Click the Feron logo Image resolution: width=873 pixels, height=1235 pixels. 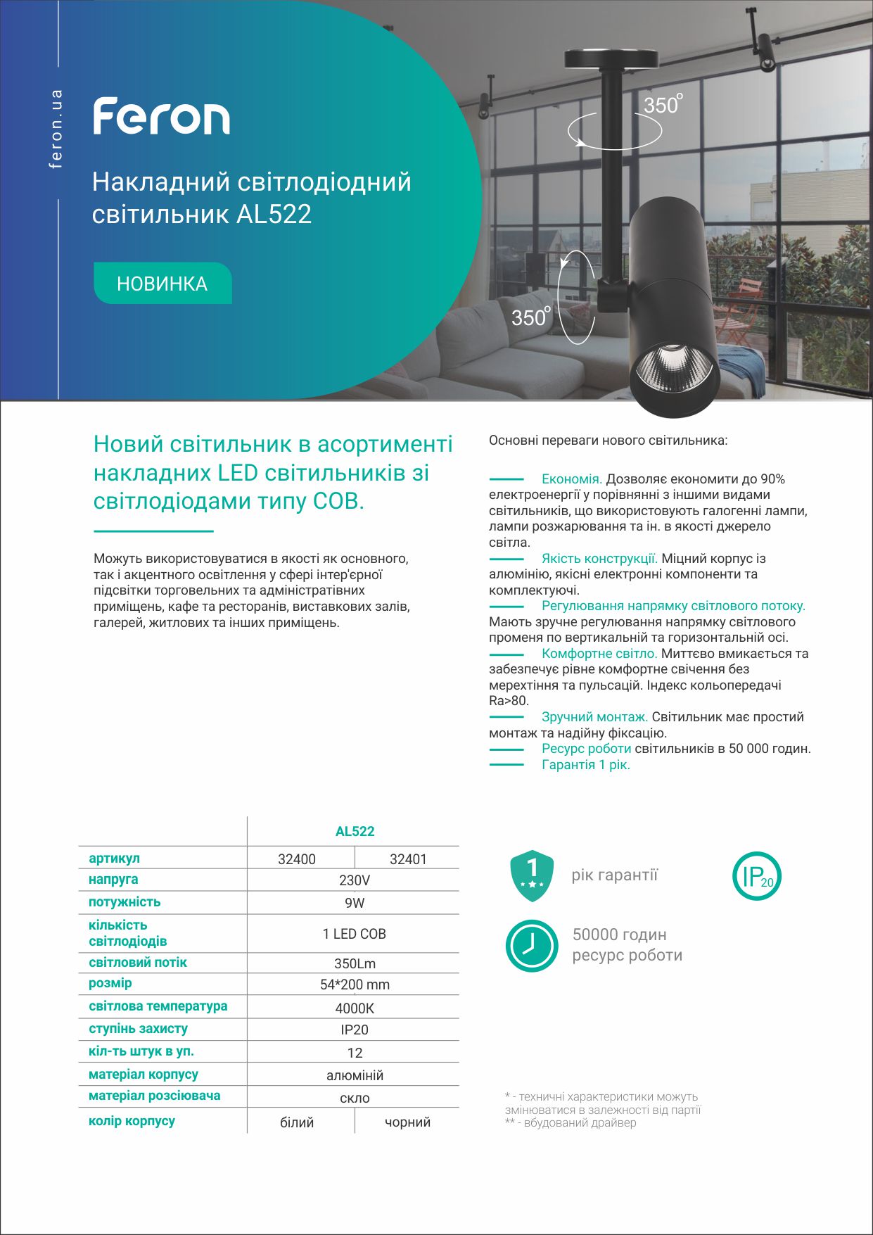click(x=162, y=117)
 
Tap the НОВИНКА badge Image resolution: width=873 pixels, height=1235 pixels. click(x=163, y=284)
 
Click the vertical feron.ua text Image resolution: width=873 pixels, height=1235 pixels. click(x=56, y=129)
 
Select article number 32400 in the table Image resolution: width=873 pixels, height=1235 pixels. click(x=297, y=859)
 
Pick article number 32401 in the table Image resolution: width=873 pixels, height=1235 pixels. click(x=408, y=859)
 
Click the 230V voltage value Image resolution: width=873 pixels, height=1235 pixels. click(x=355, y=880)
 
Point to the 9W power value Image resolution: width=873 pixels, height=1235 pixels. click(x=355, y=903)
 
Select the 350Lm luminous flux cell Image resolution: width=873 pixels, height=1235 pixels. click(x=355, y=963)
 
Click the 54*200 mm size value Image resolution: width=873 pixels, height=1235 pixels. click(x=355, y=984)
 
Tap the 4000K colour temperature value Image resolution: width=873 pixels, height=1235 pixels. click(x=355, y=1008)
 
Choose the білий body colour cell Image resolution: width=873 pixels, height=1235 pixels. click(x=297, y=1122)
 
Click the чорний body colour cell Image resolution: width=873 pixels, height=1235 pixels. click(x=407, y=1122)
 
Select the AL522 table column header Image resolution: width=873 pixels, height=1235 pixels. click(x=355, y=831)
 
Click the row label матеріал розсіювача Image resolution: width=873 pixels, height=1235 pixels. click(x=154, y=1096)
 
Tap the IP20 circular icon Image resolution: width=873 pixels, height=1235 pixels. click(x=757, y=876)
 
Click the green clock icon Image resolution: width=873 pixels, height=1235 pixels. click(x=532, y=945)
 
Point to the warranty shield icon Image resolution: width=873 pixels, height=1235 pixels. click(x=532, y=875)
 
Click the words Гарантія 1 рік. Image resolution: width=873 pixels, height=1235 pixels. click(x=585, y=765)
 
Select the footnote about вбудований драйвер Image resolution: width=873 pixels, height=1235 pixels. click(x=571, y=1122)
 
